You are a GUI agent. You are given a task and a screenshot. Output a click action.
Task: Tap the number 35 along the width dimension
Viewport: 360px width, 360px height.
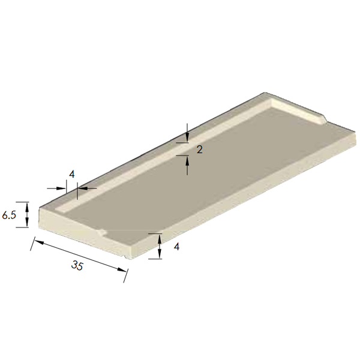click(x=77, y=266)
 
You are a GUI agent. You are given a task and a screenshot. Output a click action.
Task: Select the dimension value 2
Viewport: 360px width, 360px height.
click(x=199, y=149)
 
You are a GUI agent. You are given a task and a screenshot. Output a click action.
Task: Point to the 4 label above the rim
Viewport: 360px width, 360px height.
click(x=71, y=174)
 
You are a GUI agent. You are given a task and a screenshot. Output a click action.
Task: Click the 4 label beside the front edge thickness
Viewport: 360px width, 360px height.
click(x=176, y=246)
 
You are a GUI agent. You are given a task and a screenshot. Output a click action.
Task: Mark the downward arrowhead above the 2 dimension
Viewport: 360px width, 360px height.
click(x=187, y=139)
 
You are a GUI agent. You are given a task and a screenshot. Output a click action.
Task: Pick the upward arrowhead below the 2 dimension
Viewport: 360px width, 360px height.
click(x=187, y=160)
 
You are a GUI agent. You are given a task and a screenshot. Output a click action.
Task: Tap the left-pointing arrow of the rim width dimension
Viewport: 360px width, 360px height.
click(x=82, y=188)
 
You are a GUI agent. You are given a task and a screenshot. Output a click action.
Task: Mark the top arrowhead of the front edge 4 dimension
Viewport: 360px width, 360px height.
click(x=160, y=238)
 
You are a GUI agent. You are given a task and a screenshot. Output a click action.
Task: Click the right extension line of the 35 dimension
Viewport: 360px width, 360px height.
click(x=125, y=274)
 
